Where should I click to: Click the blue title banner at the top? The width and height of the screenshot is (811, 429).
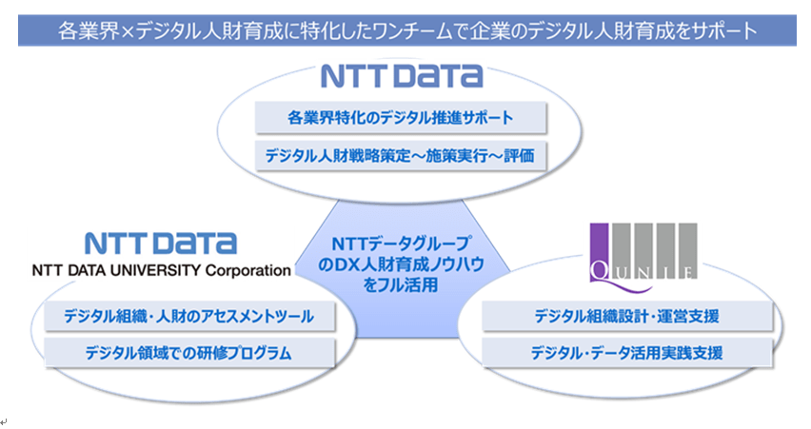[x=407, y=30]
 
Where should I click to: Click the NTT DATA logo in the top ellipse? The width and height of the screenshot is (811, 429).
[x=402, y=76]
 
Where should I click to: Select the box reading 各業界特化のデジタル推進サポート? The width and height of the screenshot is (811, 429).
[x=401, y=118]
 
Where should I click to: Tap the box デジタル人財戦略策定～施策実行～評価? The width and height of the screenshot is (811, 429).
[x=401, y=155]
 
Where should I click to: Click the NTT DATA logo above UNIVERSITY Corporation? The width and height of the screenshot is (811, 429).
[x=161, y=244]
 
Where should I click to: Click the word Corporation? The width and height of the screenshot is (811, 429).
[x=248, y=271]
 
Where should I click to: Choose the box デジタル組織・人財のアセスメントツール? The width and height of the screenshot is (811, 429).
[x=189, y=317]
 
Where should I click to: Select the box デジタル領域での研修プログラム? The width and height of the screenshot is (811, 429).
[x=189, y=353]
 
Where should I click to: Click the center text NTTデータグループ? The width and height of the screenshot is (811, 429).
[x=402, y=243]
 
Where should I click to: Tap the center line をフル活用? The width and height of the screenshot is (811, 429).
[x=402, y=284]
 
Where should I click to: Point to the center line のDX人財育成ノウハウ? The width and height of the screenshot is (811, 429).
[x=402, y=264]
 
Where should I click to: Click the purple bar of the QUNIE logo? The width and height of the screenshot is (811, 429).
[x=599, y=252]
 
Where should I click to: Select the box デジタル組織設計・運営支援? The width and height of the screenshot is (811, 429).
[x=627, y=317]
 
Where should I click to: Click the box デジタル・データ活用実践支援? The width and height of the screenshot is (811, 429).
[x=627, y=353]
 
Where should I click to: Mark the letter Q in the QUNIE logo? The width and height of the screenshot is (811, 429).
[x=599, y=271]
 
